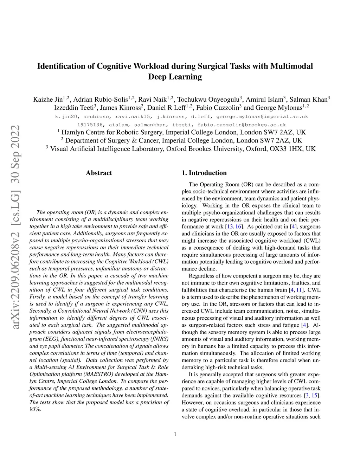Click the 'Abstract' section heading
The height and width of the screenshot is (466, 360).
(x=99, y=173)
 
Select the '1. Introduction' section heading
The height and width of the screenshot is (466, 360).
(x=204, y=173)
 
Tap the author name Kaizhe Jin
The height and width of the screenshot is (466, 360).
(x=48, y=99)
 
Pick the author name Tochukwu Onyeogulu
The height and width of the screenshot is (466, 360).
(x=208, y=99)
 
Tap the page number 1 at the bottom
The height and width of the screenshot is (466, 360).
(x=175, y=434)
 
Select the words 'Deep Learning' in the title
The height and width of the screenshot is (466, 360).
(x=175, y=77)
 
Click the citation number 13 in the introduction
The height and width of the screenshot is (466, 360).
(x=230, y=226)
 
